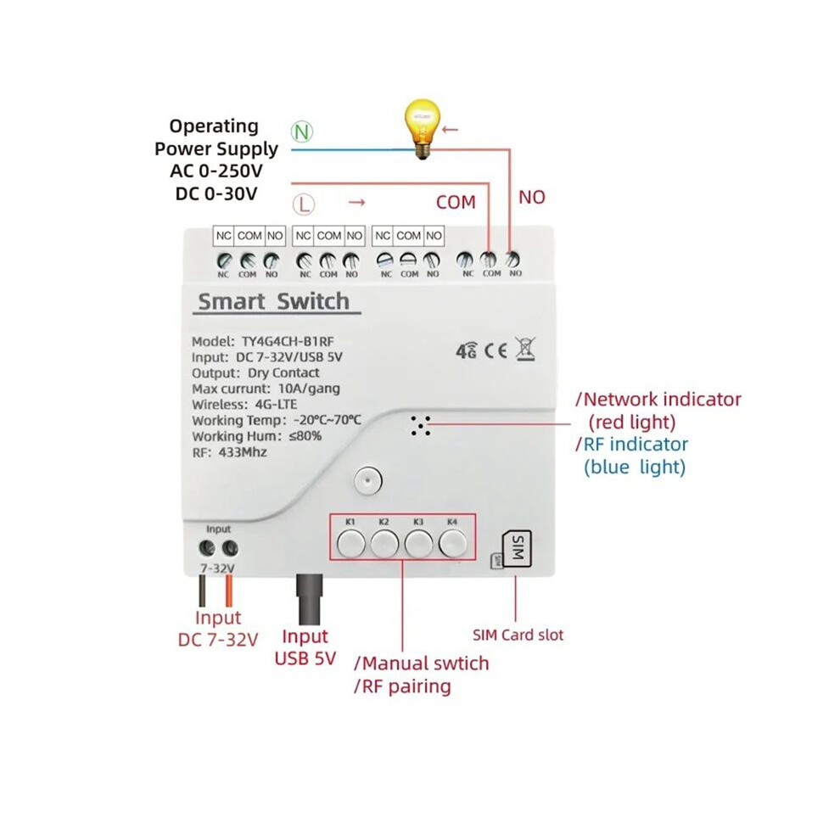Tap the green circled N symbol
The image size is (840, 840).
click(x=302, y=132)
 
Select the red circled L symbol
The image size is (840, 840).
click(x=304, y=204)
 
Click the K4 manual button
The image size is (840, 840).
click(x=453, y=544)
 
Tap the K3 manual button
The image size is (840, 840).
click(x=419, y=544)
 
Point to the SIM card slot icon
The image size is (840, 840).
click(x=516, y=548)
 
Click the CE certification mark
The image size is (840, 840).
click(x=496, y=350)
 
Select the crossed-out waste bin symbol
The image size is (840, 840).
click(x=525, y=349)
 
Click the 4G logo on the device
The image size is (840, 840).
click(x=466, y=350)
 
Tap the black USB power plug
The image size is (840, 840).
click(x=310, y=599)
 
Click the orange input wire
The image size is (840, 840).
click(x=229, y=590)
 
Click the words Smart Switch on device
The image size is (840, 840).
click(x=274, y=301)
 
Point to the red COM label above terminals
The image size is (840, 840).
click(x=456, y=203)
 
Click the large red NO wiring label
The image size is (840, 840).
click(x=532, y=197)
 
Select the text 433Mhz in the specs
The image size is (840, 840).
click(x=243, y=452)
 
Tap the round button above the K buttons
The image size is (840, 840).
click(x=368, y=480)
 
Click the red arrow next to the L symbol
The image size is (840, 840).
click(x=356, y=202)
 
